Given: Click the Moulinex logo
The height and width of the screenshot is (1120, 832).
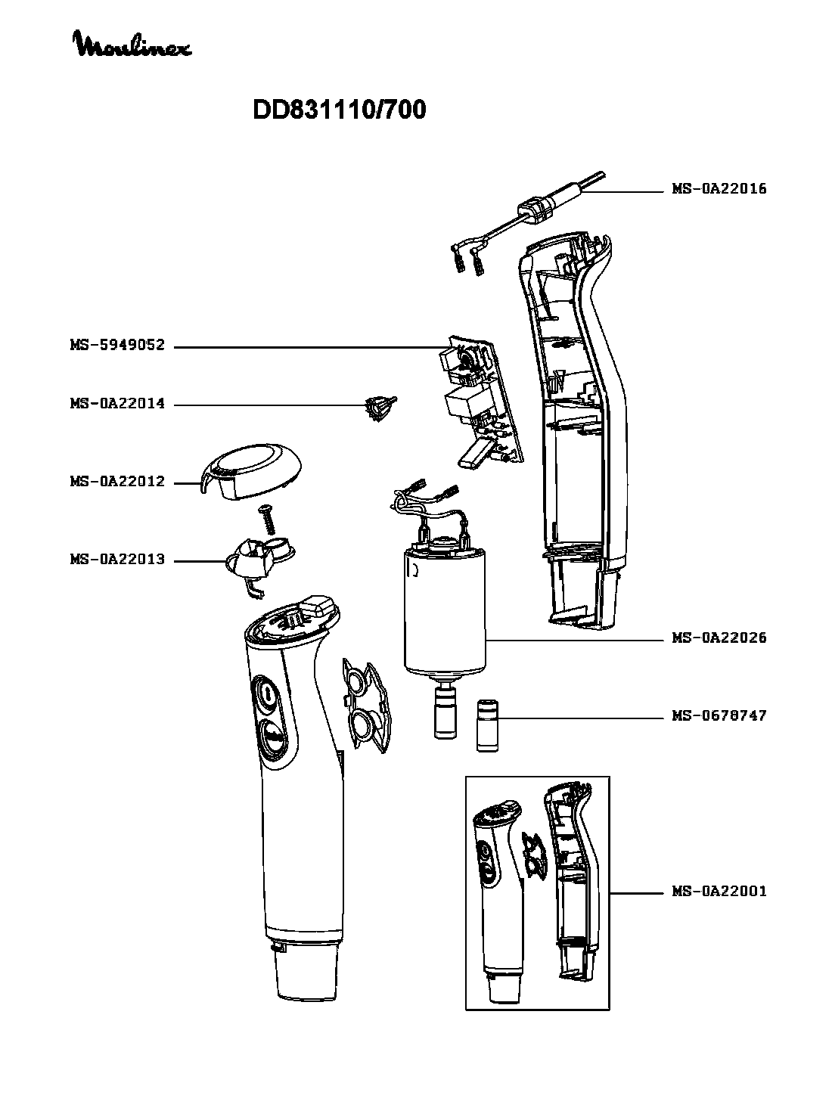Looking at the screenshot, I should (132, 45).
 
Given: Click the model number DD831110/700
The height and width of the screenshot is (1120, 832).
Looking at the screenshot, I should (339, 110).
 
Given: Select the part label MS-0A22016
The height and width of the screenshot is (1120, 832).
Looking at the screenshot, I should (719, 189).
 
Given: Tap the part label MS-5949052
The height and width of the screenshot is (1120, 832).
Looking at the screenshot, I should (117, 347).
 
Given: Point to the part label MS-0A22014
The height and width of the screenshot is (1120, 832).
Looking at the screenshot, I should (117, 405).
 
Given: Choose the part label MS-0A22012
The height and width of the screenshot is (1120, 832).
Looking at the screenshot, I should (117, 482).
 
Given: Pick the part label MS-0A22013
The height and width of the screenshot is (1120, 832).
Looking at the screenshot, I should (117, 560).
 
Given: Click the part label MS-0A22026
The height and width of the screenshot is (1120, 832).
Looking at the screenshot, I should (719, 638).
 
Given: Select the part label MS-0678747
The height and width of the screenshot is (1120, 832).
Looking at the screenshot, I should (719, 715).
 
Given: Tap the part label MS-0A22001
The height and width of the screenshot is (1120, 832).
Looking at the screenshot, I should (719, 892).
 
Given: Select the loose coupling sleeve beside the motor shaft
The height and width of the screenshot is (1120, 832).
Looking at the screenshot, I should (488, 726).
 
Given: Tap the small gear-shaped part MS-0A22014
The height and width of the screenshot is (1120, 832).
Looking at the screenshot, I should (380, 408).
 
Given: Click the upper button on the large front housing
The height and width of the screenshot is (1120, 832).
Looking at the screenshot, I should (266, 693).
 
